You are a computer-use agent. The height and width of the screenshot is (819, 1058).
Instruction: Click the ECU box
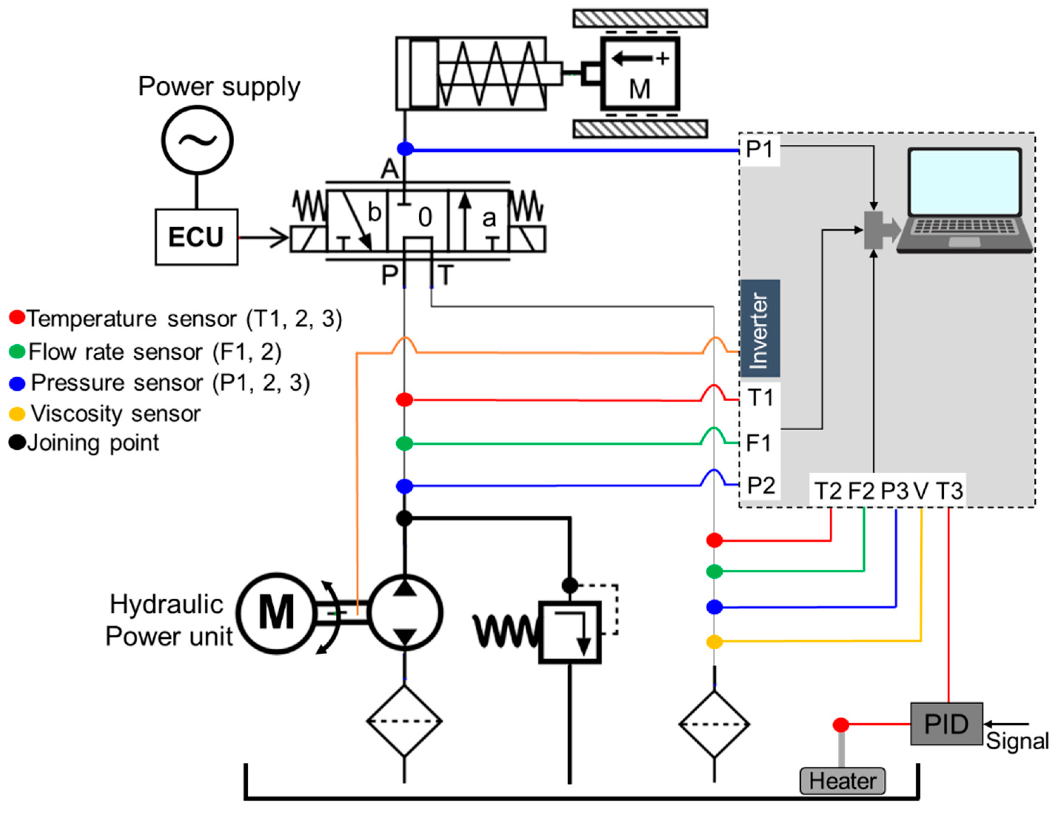196,237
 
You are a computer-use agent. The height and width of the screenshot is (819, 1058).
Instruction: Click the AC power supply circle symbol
197,140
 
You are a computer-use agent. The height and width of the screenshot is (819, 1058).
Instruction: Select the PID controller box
946,724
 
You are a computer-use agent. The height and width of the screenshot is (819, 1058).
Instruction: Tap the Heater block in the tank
842,781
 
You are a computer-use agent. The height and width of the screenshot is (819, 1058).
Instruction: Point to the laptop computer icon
964,201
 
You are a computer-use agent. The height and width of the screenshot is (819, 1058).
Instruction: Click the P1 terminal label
759,149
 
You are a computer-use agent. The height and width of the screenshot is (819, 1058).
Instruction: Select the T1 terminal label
760,397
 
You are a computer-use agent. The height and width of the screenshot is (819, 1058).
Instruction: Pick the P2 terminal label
761,485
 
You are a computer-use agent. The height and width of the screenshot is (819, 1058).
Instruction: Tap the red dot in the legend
17,317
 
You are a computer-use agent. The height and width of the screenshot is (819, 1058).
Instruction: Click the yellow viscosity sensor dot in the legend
17,414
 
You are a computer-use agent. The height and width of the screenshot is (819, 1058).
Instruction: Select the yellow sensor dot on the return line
714,642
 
